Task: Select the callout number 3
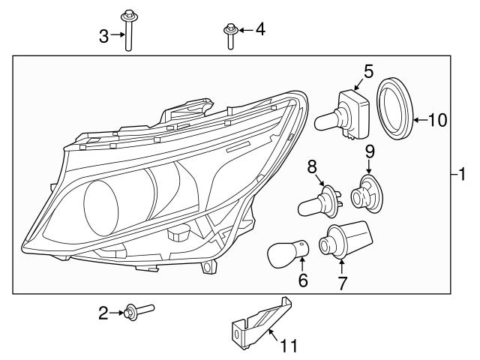point(105,34)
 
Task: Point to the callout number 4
point(259,30)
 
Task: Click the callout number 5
point(368,71)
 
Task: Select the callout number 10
point(437,118)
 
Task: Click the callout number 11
point(288,346)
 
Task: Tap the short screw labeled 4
point(228,36)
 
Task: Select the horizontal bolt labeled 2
point(139,308)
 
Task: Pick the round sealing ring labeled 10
point(395,106)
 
